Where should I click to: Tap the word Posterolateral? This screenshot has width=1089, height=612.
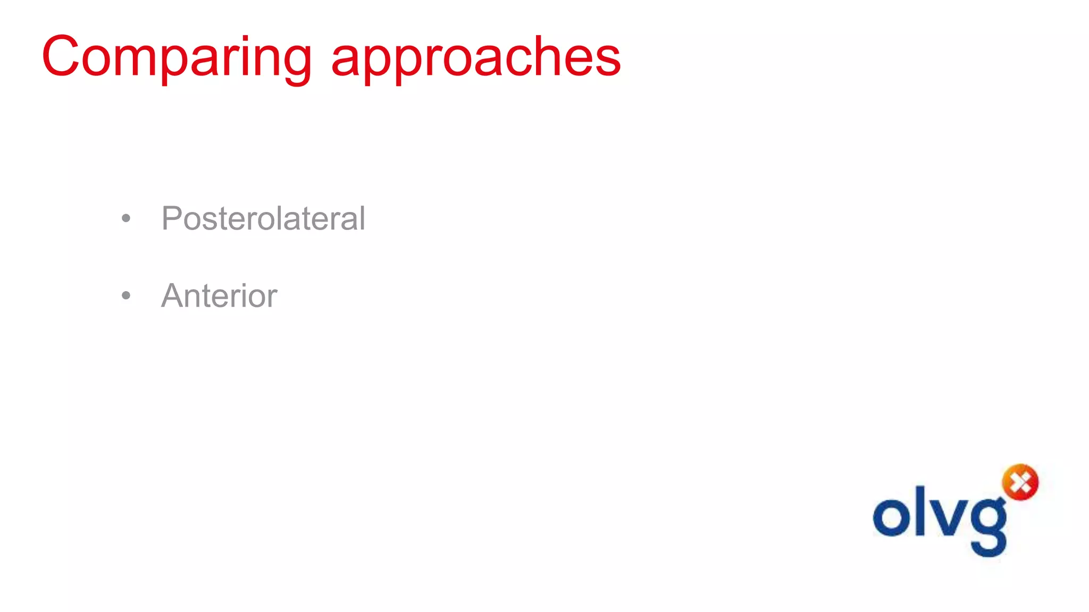(x=263, y=218)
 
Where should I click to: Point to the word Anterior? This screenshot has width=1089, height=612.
(x=219, y=295)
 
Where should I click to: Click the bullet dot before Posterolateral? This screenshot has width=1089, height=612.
(x=126, y=218)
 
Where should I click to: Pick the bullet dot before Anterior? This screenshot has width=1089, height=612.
(x=126, y=295)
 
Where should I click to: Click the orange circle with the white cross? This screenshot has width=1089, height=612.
(x=1020, y=482)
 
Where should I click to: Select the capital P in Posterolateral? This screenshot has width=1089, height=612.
(x=173, y=218)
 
